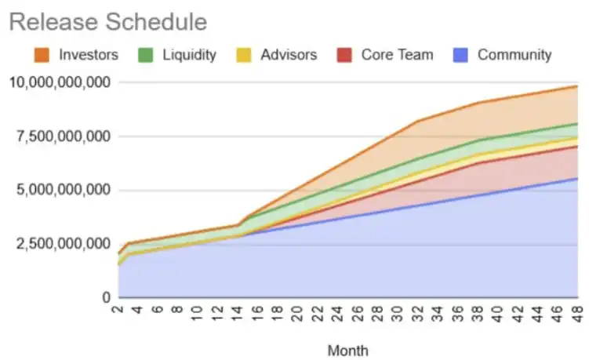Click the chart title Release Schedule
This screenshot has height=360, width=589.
[x=108, y=22]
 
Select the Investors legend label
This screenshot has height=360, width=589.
[x=89, y=55]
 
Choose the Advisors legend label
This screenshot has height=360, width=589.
[x=289, y=55]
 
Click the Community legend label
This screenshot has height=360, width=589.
[x=514, y=55]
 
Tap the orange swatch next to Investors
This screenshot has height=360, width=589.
[x=42, y=55]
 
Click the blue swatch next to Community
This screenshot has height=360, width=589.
[x=461, y=55]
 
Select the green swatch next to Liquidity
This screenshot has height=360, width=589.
[x=145, y=55]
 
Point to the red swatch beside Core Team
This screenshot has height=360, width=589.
[x=345, y=55]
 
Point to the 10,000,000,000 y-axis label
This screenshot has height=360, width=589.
[x=58, y=82]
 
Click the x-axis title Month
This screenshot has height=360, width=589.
[x=348, y=350]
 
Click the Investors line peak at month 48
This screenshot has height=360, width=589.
[x=577, y=86]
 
